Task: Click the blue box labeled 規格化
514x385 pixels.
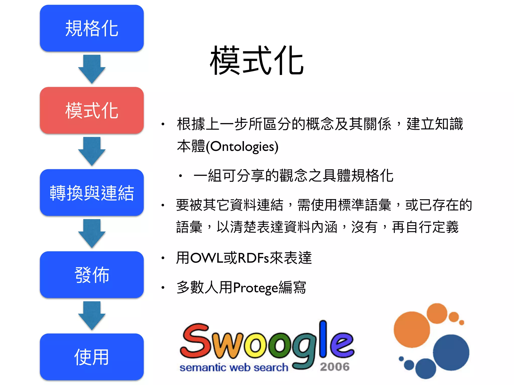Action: [x=92, y=28]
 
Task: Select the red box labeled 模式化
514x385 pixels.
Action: [x=92, y=110]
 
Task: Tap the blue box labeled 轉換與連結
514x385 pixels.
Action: [x=92, y=192]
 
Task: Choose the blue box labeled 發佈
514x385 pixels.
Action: [x=92, y=275]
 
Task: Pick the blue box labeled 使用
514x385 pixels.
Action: [x=92, y=357]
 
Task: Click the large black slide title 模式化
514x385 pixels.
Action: [x=257, y=61]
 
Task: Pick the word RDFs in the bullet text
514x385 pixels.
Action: [x=253, y=258]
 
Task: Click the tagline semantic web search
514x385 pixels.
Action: [x=234, y=368]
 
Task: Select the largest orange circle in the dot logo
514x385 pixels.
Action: [x=412, y=329]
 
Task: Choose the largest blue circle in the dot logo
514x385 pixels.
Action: [x=451, y=352]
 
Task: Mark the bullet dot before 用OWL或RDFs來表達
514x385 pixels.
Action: [x=163, y=258]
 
